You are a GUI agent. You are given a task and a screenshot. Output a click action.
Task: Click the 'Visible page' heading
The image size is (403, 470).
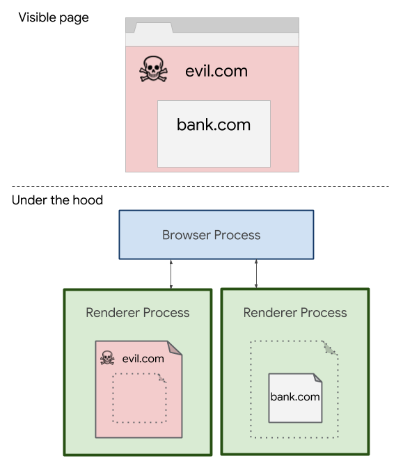tap(54, 17)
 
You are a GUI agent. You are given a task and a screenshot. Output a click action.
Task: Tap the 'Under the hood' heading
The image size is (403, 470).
tap(57, 200)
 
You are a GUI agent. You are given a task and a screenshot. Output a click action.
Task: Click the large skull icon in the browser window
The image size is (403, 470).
tap(153, 69)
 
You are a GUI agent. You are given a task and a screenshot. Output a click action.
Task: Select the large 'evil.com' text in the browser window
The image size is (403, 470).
tap(216, 71)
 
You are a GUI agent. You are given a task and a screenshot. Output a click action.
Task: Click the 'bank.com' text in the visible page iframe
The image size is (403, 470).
tap(214, 124)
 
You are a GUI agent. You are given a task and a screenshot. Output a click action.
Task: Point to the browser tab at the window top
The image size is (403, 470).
tap(153, 28)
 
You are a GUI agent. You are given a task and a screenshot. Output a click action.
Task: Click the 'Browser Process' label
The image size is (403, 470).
tap(212, 235)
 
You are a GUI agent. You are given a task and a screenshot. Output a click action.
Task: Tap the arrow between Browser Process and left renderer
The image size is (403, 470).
tap(171, 274)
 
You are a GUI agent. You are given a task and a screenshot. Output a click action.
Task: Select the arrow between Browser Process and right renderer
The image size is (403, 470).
tap(256, 274)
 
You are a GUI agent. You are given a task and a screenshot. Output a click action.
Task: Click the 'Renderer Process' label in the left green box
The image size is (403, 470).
tap(138, 313)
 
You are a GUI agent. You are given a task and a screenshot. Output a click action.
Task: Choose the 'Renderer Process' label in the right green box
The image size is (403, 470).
tap(295, 313)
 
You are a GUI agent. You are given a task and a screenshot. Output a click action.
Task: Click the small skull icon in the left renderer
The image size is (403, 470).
tap(107, 357)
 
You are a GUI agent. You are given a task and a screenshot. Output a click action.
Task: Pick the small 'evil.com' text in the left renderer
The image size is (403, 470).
tap(143, 359)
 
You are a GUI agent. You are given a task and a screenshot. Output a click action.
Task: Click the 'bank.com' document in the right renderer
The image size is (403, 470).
tap(295, 398)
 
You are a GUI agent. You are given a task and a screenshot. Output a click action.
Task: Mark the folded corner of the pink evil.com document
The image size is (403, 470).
tap(175, 348)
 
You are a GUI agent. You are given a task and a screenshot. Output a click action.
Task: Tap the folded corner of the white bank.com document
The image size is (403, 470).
tap(318, 378)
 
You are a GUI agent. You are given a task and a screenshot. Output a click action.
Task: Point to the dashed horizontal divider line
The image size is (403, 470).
tap(200, 186)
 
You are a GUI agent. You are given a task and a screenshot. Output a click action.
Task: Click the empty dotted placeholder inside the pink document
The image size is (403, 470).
tap(139, 398)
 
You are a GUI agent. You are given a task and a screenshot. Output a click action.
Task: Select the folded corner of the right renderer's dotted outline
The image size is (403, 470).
tap(330, 348)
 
